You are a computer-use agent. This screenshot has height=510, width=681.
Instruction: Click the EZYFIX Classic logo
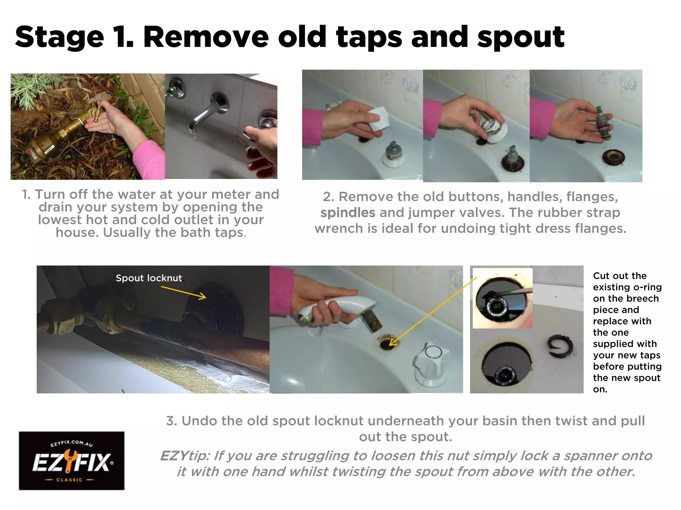[x=71, y=461]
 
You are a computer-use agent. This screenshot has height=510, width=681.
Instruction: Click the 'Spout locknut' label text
[x=149, y=278]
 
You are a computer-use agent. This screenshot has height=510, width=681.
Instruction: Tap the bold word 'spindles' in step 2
[x=348, y=212]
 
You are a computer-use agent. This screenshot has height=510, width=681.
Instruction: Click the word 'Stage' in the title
[x=60, y=37]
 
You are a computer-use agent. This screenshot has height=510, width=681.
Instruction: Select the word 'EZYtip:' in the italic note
[x=185, y=456]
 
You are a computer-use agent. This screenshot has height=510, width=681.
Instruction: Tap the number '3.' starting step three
[x=172, y=421]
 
